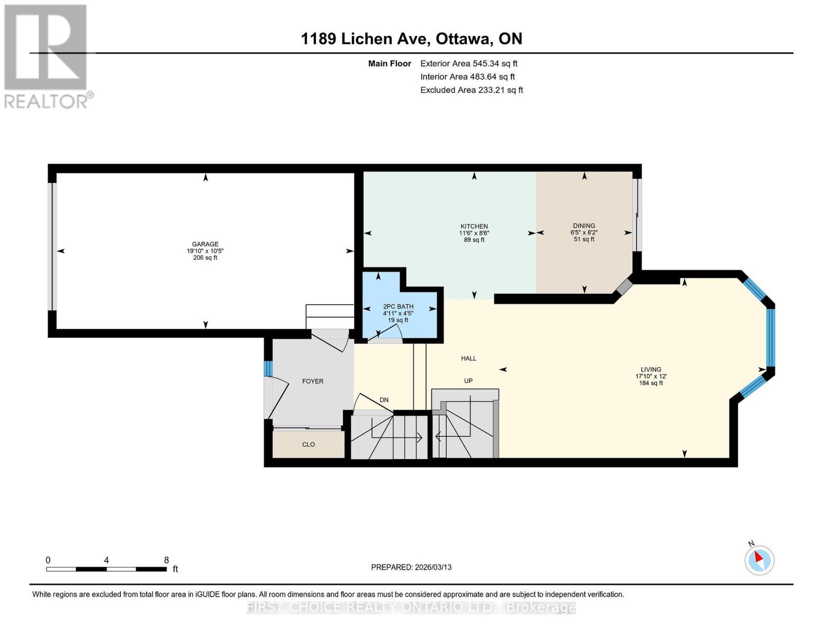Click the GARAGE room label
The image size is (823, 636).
pyautogui.click(x=205, y=244)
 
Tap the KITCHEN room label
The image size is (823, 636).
pyautogui.click(x=474, y=226)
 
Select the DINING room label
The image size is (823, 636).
pyautogui.click(x=583, y=225)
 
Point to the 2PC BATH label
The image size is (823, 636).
pyautogui.click(x=398, y=306)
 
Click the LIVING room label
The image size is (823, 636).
pyautogui.click(x=651, y=369)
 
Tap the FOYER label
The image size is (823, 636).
pyautogui.click(x=313, y=381)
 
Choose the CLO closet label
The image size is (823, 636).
pyautogui.click(x=308, y=444)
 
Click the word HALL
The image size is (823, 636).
pyautogui.click(x=468, y=358)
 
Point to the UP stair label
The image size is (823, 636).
pyautogui.click(x=468, y=381)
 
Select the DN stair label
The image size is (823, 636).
pyautogui.click(x=384, y=400)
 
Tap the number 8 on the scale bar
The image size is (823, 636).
pyautogui.click(x=166, y=560)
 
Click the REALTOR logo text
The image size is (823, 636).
pyautogui.click(x=46, y=102)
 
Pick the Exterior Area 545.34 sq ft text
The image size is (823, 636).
pyautogui.click(x=468, y=64)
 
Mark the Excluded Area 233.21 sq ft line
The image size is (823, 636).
pyautogui.click(x=472, y=90)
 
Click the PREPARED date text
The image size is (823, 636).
pyautogui.click(x=411, y=567)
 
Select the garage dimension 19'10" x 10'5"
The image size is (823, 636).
pyautogui.click(x=205, y=251)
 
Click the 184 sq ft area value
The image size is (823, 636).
pyautogui.click(x=651, y=383)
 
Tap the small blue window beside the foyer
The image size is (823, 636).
pyautogui.click(x=268, y=368)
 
